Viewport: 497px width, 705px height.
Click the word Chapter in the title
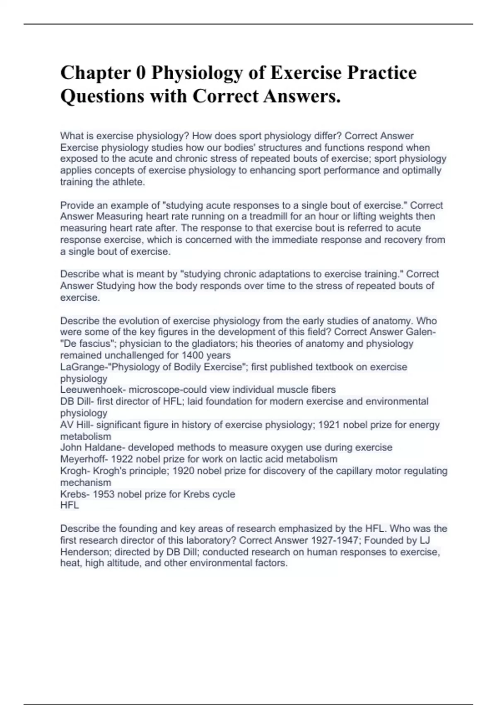pyautogui.click(x=95, y=73)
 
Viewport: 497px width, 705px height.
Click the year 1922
pyautogui.click(x=122, y=459)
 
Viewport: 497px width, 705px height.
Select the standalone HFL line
pyautogui.click(x=70, y=506)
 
